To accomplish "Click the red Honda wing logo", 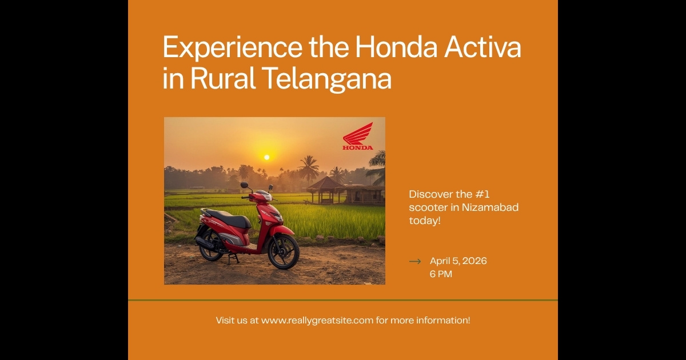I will [358, 135].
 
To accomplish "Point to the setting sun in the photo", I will [266, 157].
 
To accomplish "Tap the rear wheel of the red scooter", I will [210, 245].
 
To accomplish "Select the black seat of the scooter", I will [228, 218].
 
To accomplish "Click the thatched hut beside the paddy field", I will [324, 189].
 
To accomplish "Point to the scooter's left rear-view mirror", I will [245, 185].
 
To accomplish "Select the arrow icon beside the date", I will [415, 261].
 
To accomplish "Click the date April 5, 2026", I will [458, 261].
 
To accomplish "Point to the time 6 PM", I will [441, 274].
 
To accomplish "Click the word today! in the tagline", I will [425, 221].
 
